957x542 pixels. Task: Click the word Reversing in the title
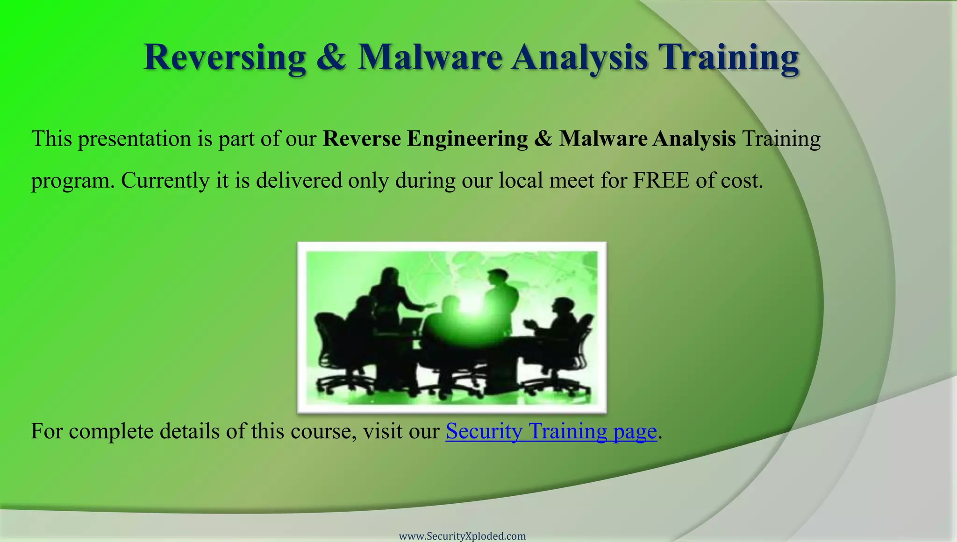click(224, 57)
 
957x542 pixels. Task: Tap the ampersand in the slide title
click(331, 57)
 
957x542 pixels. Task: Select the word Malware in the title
click(429, 57)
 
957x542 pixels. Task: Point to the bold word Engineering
click(467, 139)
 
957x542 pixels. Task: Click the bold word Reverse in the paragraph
click(361, 139)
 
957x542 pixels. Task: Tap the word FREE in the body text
click(661, 180)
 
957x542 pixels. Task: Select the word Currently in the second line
click(165, 180)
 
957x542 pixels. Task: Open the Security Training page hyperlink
click(551, 431)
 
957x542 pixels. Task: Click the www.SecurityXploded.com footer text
click(462, 536)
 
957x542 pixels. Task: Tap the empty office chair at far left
click(329, 345)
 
